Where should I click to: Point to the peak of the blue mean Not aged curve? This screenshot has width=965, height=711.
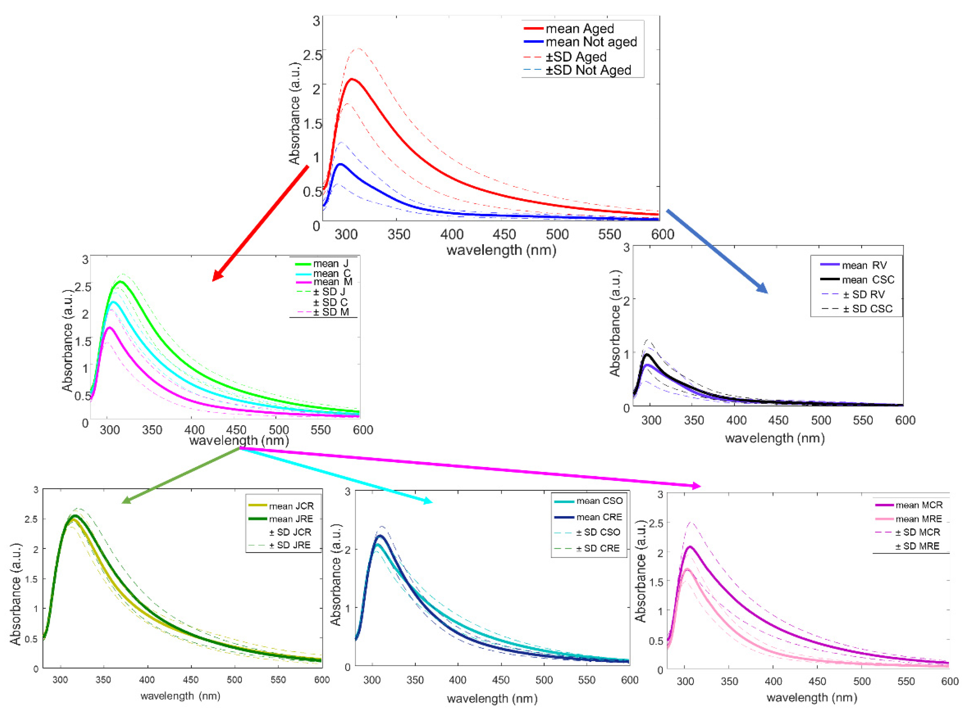coord(340,164)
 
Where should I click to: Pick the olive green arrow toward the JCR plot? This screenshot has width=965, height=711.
coord(181,475)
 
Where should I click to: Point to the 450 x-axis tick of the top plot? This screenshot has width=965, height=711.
coord(504,235)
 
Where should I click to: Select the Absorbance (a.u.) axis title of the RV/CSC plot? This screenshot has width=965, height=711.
coord(615,323)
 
